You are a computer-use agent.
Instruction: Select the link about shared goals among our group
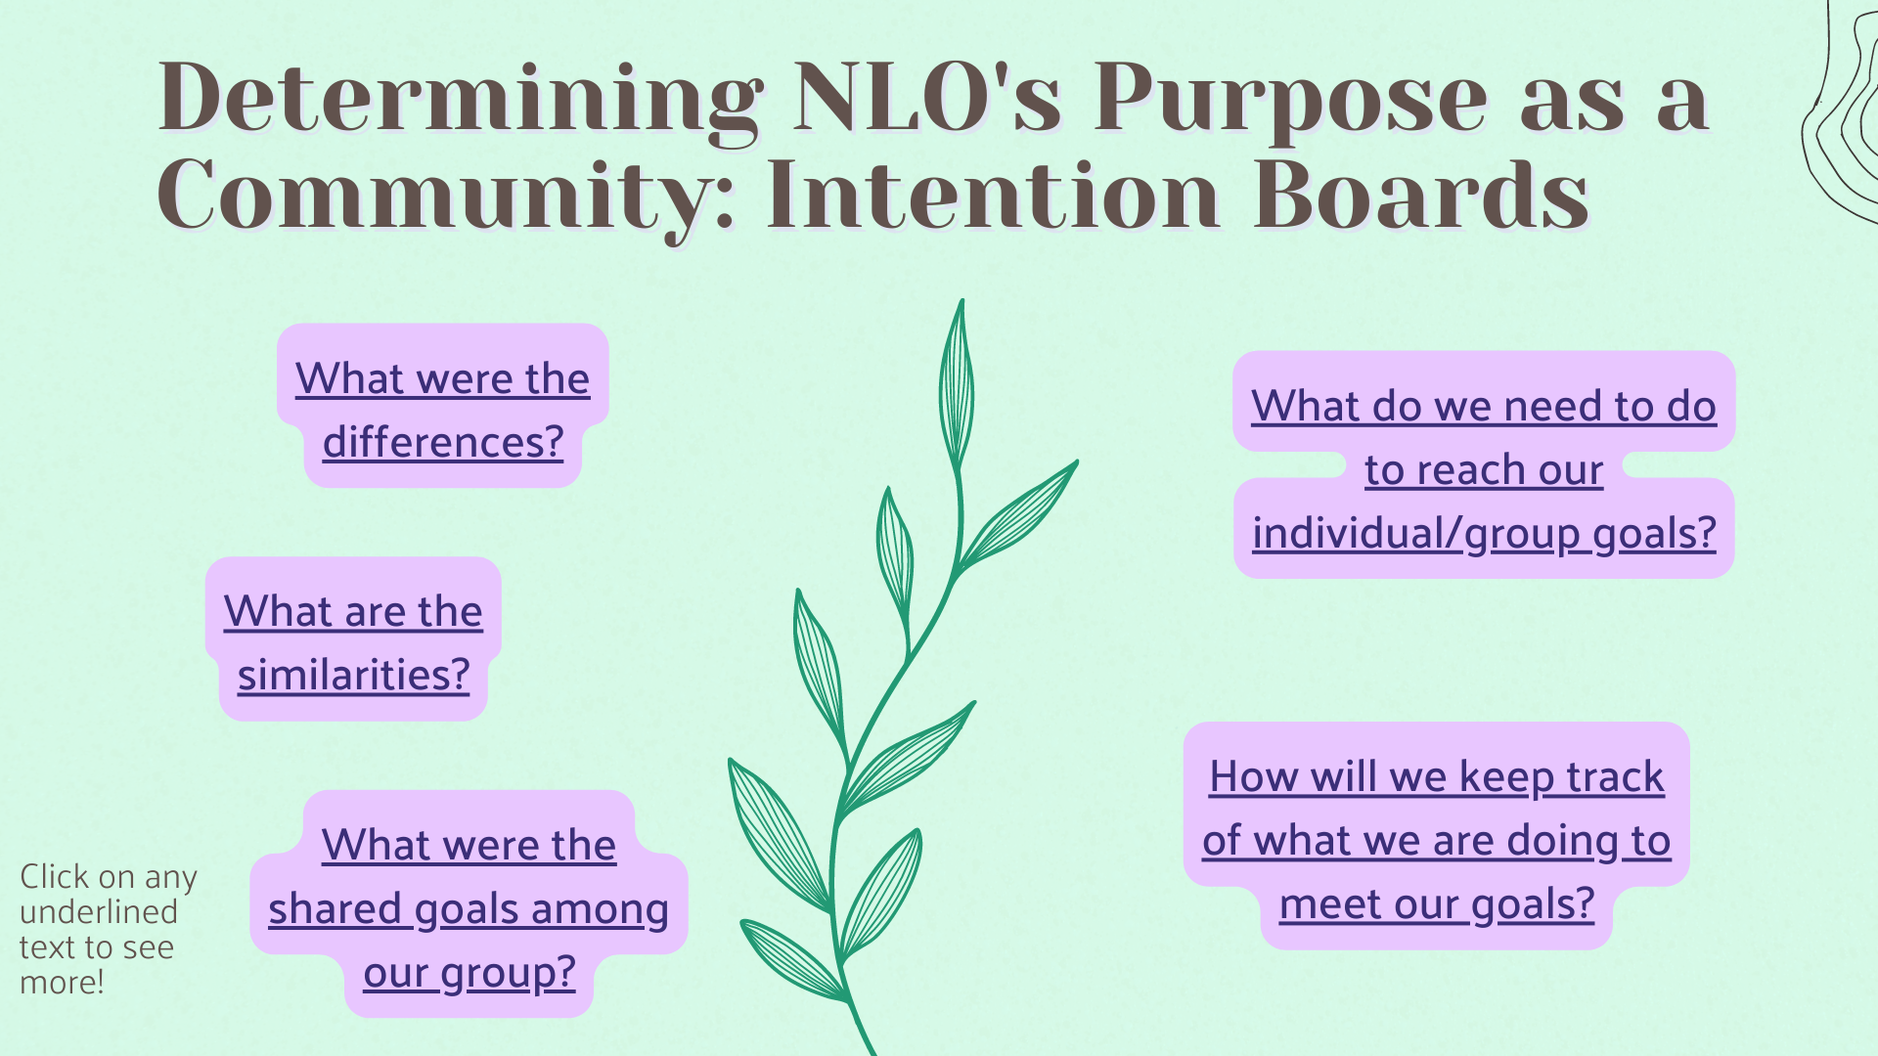click(x=469, y=908)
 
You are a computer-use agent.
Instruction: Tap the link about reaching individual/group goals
click(x=1483, y=469)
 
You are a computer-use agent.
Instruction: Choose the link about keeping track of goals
click(x=1436, y=840)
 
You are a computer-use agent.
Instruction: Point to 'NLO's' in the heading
click(x=926, y=98)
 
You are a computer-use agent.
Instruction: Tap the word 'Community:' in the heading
click(x=446, y=196)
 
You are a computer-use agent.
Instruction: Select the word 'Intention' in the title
click(x=993, y=196)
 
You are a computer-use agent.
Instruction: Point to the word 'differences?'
click(x=443, y=443)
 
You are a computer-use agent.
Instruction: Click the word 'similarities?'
click(x=353, y=676)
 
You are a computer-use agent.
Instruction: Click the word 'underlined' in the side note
click(x=99, y=912)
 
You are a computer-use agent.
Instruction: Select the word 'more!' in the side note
click(x=62, y=983)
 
